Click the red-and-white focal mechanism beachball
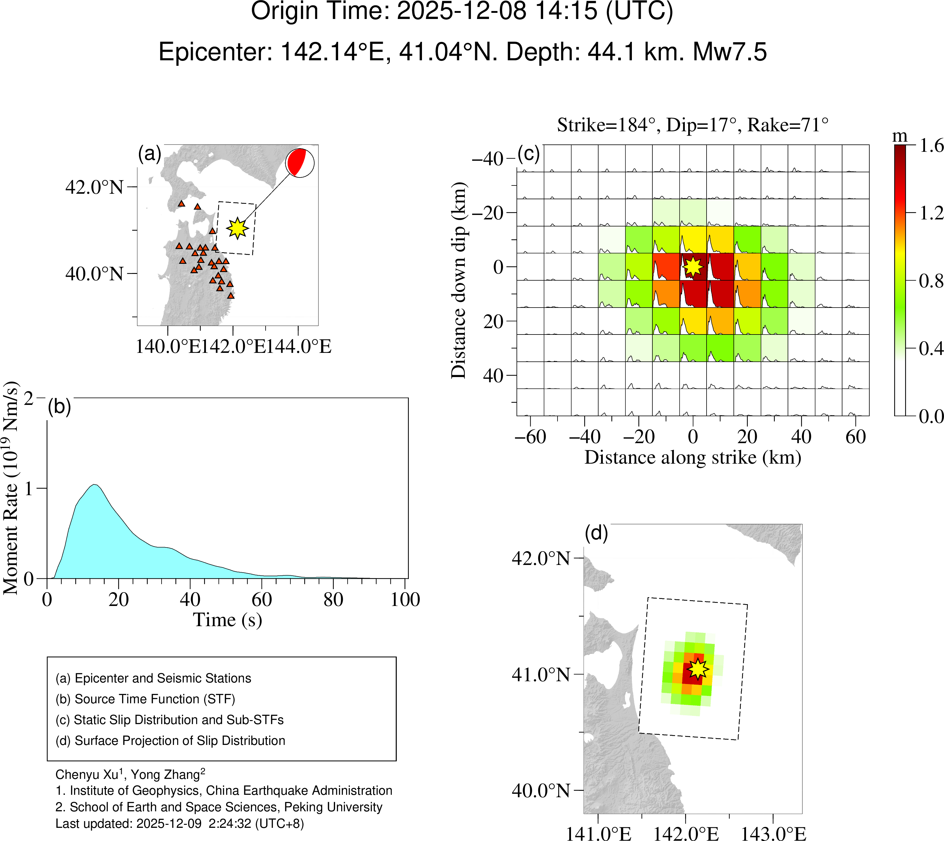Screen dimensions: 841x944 pos(300,163)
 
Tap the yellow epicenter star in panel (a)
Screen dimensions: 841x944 pos(237,228)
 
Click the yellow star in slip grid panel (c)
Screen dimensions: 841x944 pos(693,266)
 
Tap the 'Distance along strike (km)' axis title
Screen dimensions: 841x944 pos(693,458)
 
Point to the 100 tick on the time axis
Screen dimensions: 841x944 pos(405,599)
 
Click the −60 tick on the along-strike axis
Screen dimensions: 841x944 pos(531,437)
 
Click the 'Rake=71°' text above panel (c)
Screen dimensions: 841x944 pos(788,125)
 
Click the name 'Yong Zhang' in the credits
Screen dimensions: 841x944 pos(167,775)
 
